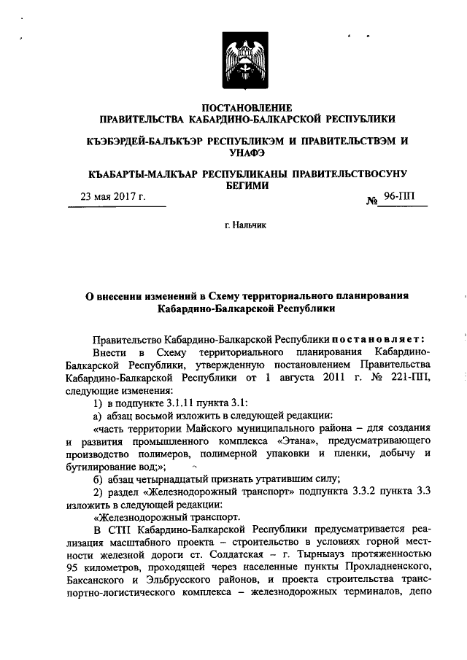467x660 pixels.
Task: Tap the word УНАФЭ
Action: pos(247,152)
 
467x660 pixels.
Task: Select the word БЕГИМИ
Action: pos(247,185)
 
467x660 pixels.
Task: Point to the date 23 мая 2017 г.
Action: pos(113,197)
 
